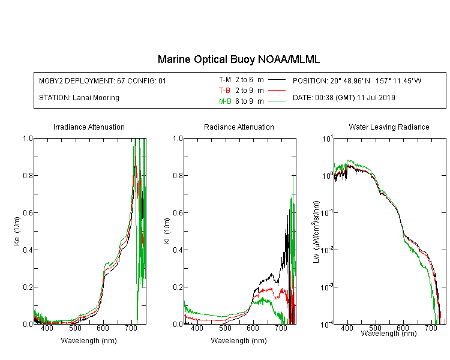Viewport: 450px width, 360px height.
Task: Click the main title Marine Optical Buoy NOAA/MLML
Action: coord(238,59)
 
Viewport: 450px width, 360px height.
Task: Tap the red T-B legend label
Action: coord(224,91)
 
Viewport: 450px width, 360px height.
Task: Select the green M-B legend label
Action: coord(225,101)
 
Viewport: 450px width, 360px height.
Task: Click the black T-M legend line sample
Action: coord(277,80)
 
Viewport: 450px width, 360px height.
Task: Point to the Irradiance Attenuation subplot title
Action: coord(89,127)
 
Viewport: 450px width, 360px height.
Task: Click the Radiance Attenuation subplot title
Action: coord(239,127)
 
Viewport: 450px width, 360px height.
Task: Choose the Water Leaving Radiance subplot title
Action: coord(389,127)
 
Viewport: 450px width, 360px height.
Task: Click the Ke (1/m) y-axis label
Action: coord(17,231)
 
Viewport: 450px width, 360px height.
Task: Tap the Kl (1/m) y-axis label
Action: coord(167,231)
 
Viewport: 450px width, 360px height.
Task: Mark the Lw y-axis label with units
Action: coord(316,232)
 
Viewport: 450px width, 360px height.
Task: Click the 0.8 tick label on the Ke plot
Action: coord(28,175)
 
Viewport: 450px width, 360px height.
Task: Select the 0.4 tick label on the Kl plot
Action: coord(178,250)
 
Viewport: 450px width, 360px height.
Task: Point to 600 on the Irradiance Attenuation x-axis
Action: coord(103,328)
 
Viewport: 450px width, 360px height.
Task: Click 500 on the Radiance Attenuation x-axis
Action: coord(225,328)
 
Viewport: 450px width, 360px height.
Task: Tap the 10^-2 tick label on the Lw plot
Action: coord(327,250)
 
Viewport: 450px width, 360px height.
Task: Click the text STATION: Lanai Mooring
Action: coord(79,98)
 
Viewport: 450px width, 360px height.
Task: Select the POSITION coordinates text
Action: coord(357,80)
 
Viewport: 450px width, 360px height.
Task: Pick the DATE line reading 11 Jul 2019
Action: coord(344,98)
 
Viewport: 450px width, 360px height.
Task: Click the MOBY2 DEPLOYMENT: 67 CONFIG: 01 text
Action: coord(103,80)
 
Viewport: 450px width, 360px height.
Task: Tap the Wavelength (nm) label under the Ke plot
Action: coord(89,340)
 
